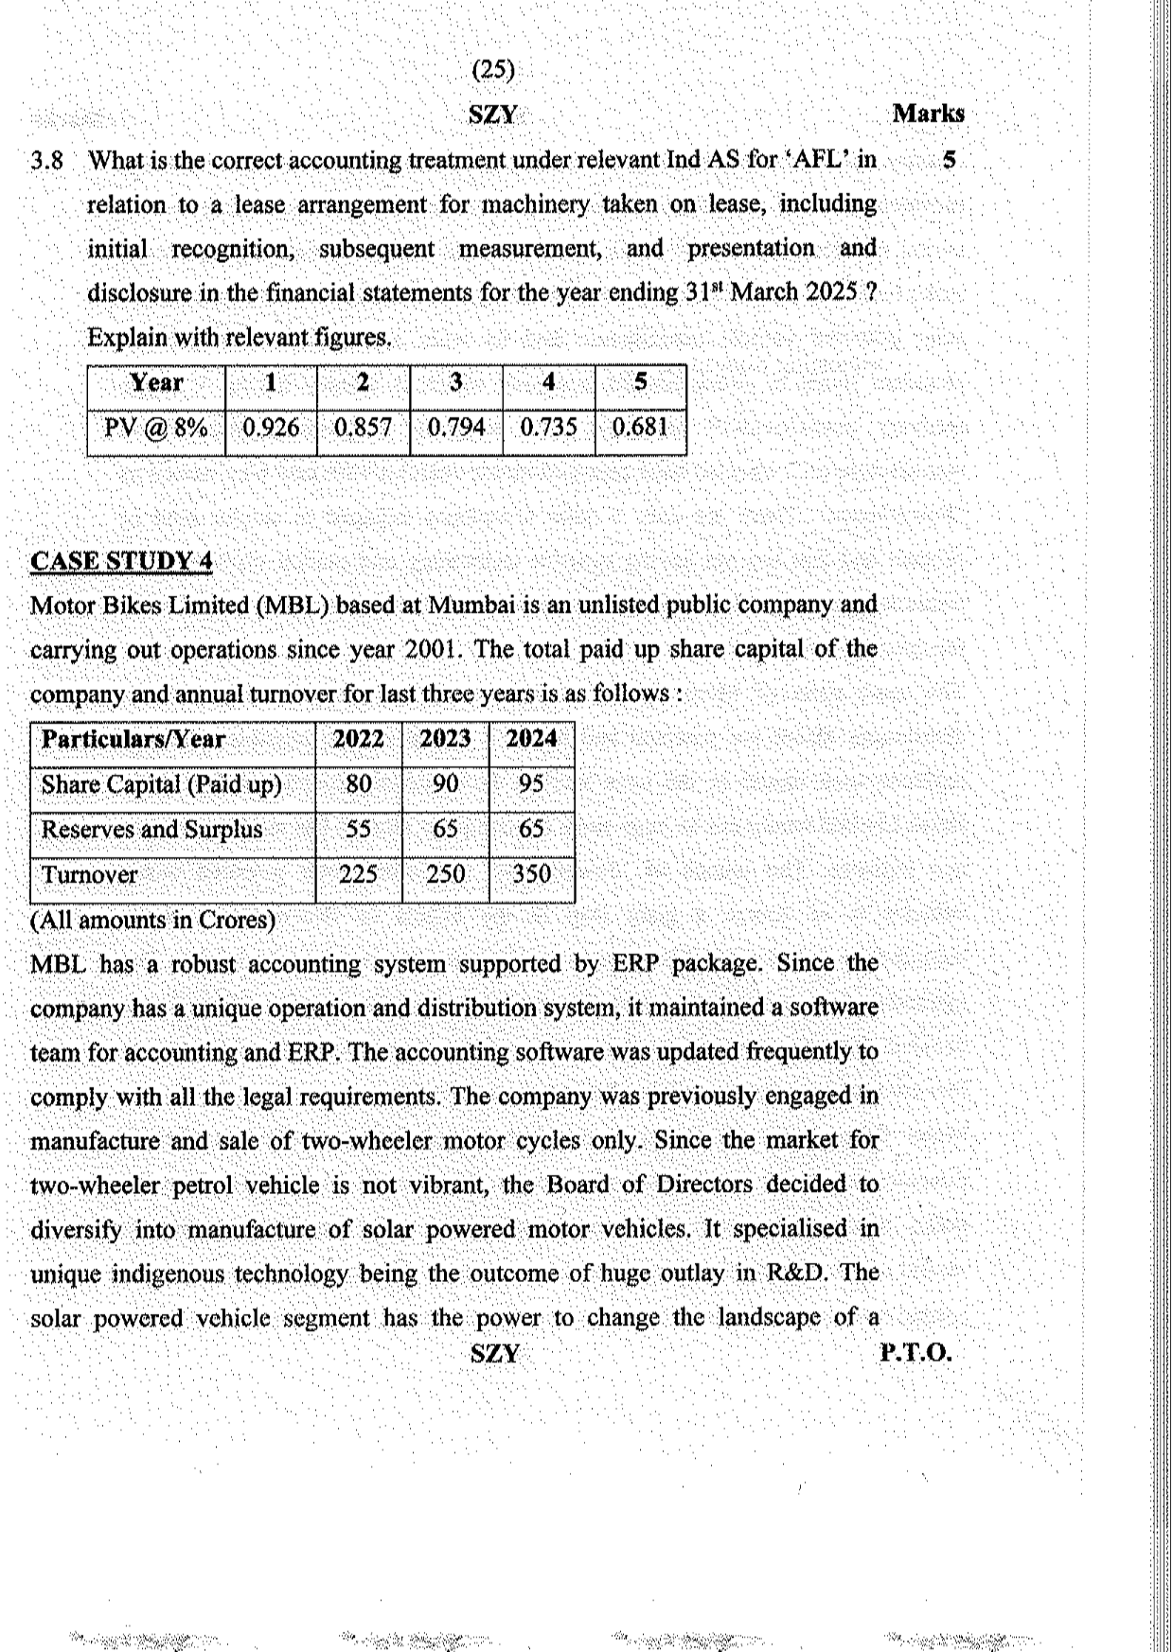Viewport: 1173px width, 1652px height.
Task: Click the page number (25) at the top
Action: tap(493, 69)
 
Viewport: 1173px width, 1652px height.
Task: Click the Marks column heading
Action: tap(928, 114)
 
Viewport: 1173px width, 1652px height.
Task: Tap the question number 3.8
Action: tap(46, 161)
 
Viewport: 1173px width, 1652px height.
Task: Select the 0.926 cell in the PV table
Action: tap(271, 428)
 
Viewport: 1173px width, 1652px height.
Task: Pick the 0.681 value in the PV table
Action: tap(640, 427)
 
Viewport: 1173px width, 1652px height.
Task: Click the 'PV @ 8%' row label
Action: tap(156, 428)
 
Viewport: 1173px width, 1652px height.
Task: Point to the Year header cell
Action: tap(156, 383)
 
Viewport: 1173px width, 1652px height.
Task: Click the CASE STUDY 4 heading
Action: tap(121, 561)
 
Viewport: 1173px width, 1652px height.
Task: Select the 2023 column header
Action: tap(445, 739)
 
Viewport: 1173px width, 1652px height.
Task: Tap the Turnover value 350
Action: tap(531, 874)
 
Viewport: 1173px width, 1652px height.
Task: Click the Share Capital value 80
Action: tap(359, 784)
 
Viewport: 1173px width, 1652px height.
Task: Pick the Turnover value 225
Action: tap(359, 874)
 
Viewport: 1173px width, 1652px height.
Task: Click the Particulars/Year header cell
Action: tap(133, 740)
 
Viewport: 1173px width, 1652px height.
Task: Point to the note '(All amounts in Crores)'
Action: tap(152, 920)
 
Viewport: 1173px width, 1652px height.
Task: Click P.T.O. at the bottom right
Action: tap(915, 1353)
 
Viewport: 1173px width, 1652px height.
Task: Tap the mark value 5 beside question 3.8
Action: tap(949, 160)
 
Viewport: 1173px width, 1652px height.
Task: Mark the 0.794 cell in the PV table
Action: tap(455, 428)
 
